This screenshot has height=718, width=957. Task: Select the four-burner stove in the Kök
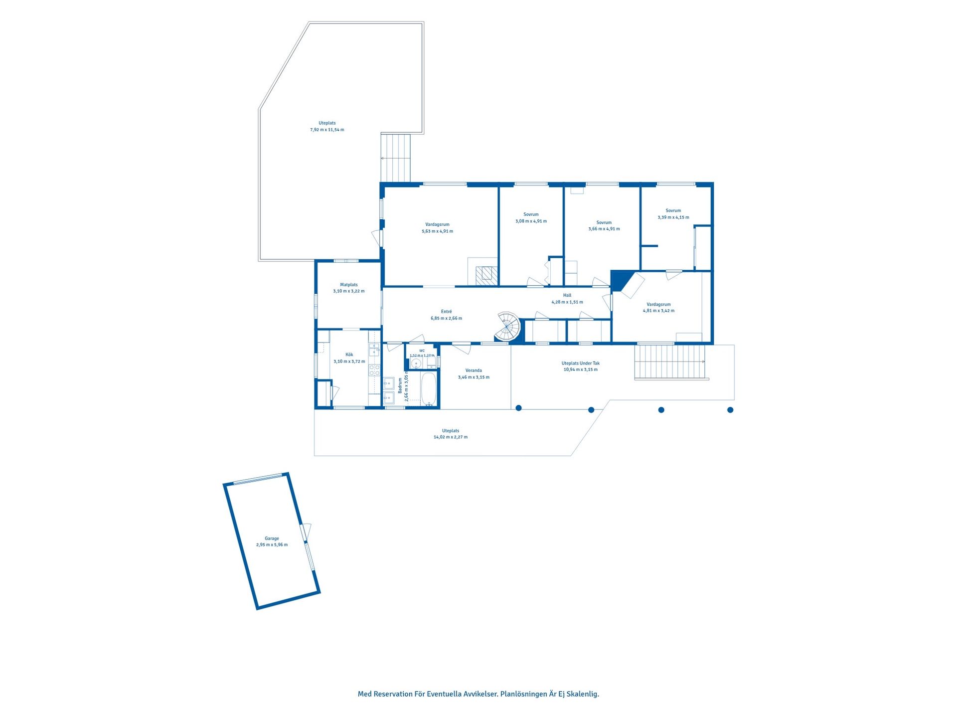pos(374,370)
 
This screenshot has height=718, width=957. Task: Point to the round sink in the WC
pos(416,363)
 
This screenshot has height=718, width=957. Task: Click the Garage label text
pos(272,538)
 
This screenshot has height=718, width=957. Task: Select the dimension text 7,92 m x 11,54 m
pos(327,130)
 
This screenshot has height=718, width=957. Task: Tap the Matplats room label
pos(349,285)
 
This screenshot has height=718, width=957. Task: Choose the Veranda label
pos(474,370)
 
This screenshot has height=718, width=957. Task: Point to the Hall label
pos(567,295)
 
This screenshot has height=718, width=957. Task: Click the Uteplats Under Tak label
pos(581,363)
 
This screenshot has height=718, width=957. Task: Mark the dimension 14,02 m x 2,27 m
pos(451,437)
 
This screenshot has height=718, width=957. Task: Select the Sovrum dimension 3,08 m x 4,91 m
pos(531,221)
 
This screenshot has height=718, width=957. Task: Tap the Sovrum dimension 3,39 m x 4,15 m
pos(673,217)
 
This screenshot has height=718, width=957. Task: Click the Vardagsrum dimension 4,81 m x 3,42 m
pos(658,311)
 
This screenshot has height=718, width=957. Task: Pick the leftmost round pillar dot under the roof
pos(519,408)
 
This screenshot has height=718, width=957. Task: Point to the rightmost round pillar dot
pos(730,410)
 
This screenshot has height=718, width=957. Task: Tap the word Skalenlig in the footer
pos(583,694)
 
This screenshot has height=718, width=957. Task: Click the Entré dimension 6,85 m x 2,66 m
pos(447,318)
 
